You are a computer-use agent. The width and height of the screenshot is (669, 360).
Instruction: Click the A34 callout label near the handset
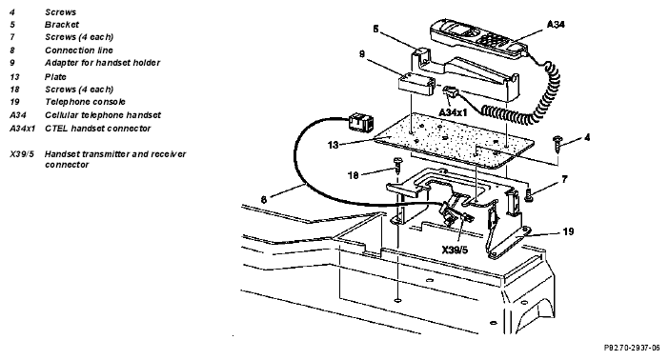click(x=556, y=25)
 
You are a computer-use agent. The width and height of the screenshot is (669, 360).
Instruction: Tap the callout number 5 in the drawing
click(x=375, y=29)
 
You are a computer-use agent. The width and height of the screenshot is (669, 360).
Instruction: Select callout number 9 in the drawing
click(x=362, y=54)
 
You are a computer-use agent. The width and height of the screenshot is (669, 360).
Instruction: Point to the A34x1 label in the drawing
click(x=453, y=112)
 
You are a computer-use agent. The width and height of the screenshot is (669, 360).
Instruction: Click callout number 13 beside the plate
click(x=333, y=145)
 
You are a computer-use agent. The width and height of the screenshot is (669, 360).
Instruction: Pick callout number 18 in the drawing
click(x=353, y=175)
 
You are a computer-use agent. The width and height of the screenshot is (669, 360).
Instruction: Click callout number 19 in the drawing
click(x=568, y=231)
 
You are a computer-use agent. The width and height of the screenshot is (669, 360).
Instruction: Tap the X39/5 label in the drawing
click(x=455, y=250)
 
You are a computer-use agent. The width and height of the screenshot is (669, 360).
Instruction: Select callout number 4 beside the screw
click(x=587, y=137)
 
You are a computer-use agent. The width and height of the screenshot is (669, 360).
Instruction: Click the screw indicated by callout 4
click(x=557, y=144)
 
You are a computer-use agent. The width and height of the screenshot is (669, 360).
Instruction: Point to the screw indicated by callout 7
click(x=529, y=196)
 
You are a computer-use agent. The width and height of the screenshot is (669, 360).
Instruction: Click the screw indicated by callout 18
click(x=398, y=164)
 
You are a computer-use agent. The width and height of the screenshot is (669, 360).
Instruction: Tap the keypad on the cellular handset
click(x=491, y=41)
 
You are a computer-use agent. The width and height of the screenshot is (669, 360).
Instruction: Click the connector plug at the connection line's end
click(x=359, y=122)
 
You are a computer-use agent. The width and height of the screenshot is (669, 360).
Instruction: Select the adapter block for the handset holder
click(x=416, y=83)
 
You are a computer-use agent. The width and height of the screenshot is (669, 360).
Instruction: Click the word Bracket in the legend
click(x=62, y=25)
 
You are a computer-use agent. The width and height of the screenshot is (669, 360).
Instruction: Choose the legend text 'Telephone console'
click(x=86, y=102)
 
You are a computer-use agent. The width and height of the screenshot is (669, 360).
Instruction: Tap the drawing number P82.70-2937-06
click(x=632, y=348)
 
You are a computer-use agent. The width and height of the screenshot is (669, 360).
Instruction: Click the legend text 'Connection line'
click(x=79, y=50)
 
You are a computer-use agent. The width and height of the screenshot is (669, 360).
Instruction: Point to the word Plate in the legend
click(x=55, y=77)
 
